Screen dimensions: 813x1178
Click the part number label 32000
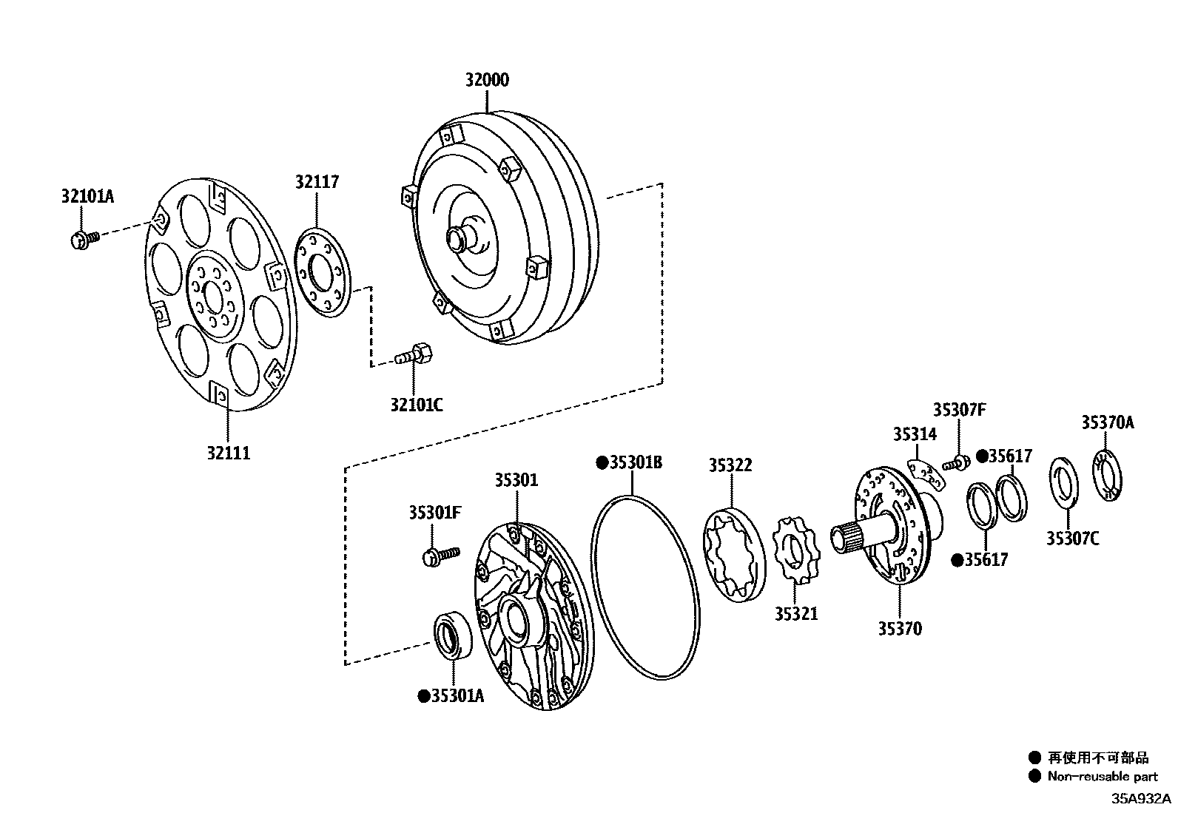click(x=487, y=81)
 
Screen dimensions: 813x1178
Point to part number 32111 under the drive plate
click(x=228, y=452)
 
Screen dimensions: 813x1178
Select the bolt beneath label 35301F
click(x=440, y=555)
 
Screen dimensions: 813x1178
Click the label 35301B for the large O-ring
click(x=635, y=463)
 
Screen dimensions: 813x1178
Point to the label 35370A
click(x=1107, y=422)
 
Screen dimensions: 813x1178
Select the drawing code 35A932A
click(x=1140, y=799)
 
